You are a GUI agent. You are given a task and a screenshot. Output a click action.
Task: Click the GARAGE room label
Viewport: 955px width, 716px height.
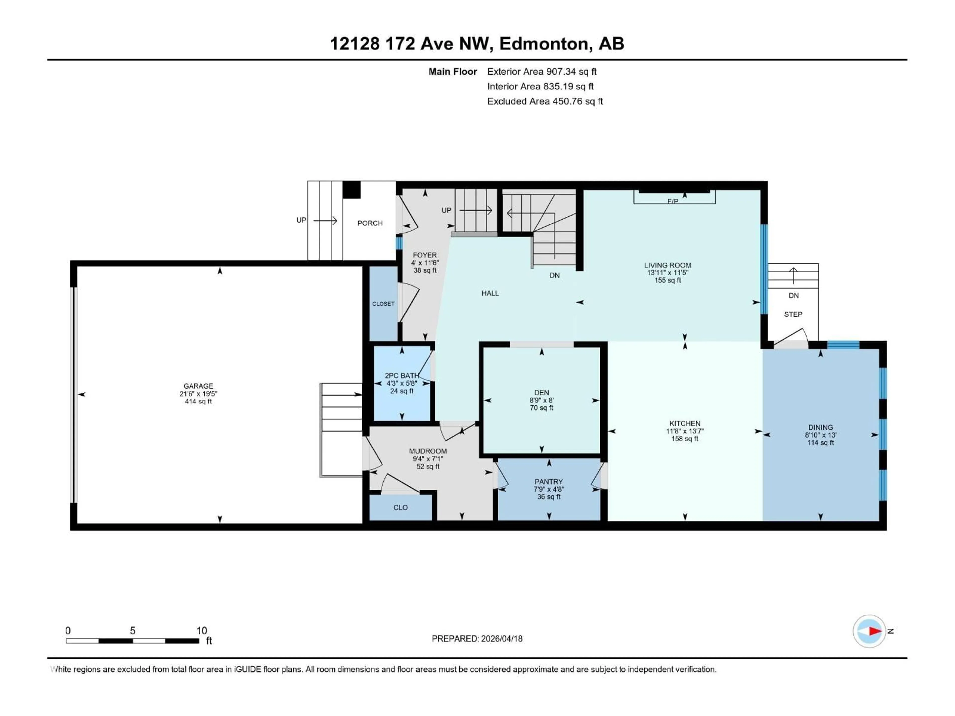[198, 386]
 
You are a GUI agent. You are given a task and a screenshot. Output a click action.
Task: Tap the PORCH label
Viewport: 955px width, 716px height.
[370, 223]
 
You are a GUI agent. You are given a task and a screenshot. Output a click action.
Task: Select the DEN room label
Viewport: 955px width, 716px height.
[541, 392]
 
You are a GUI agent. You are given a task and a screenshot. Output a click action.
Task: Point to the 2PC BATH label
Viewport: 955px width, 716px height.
[401, 375]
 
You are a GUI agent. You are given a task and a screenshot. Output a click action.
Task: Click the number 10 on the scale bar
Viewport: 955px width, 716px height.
[202, 630]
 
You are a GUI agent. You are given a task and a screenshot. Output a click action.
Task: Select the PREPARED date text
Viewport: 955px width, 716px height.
[477, 639]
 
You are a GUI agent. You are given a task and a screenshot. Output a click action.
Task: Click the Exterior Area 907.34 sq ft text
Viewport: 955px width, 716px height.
[542, 72]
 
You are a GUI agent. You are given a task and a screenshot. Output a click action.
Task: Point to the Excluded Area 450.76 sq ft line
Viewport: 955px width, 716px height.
[545, 101]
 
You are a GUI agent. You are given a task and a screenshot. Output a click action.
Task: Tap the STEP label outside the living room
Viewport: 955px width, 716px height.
[793, 314]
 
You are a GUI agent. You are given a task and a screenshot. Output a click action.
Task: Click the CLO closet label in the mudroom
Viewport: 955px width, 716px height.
[400, 508]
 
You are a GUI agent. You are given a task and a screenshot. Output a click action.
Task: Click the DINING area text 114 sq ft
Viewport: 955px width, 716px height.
[820, 442]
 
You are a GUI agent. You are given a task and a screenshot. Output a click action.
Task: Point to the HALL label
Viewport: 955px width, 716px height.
[490, 293]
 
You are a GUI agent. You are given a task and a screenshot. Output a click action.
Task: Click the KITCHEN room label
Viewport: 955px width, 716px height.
[685, 423]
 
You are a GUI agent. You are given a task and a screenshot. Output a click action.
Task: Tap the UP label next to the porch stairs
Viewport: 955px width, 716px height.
[301, 220]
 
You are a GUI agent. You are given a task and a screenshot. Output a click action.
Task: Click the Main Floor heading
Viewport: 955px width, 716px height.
[452, 72]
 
